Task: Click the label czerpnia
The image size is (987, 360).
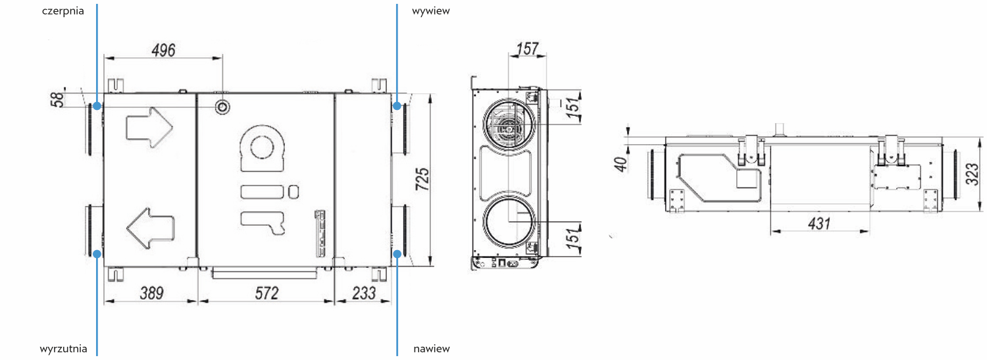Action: point(63,11)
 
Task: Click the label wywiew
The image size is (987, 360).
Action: point(430,11)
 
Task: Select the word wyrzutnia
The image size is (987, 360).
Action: point(63,349)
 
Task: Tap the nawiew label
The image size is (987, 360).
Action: point(432,349)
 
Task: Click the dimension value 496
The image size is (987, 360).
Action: point(163,50)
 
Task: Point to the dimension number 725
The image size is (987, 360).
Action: point(422,179)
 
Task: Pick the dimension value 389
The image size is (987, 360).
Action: point(151,293)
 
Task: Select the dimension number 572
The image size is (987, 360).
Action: point(267,293)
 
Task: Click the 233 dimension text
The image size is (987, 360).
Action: point(364,293)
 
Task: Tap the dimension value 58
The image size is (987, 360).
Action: point(58,99)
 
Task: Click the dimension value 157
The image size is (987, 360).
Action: point(528,49)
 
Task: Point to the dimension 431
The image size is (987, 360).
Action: point(819,223)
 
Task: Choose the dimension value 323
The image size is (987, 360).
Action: point(972,174)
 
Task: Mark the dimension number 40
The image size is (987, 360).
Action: point(620,164)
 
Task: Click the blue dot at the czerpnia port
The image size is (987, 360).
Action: point(97,106)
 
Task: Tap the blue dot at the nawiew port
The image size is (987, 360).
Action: point(397,254)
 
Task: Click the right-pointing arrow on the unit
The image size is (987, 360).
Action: point(149,127)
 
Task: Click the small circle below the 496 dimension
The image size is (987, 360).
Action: point(222,107)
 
